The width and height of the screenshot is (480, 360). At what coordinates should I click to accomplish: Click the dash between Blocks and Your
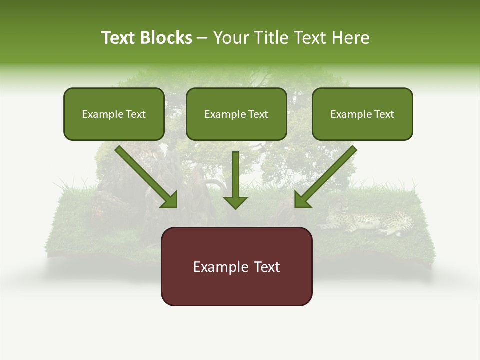tap(202, 38)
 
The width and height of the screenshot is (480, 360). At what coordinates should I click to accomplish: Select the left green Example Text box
tap(114, 114)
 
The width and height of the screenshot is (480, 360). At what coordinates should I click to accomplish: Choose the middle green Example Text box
tap(236, 114)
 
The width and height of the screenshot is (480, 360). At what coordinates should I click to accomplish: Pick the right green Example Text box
tap(362, 114)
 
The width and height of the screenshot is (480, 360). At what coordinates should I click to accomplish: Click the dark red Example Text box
tap(236, 266)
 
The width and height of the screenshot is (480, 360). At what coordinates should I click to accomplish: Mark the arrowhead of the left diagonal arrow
tap(170, 200)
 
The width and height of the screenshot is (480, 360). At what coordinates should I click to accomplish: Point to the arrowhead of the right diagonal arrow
tap(302, 200)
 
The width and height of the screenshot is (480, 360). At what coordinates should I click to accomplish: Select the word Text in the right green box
tap(384, 114)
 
